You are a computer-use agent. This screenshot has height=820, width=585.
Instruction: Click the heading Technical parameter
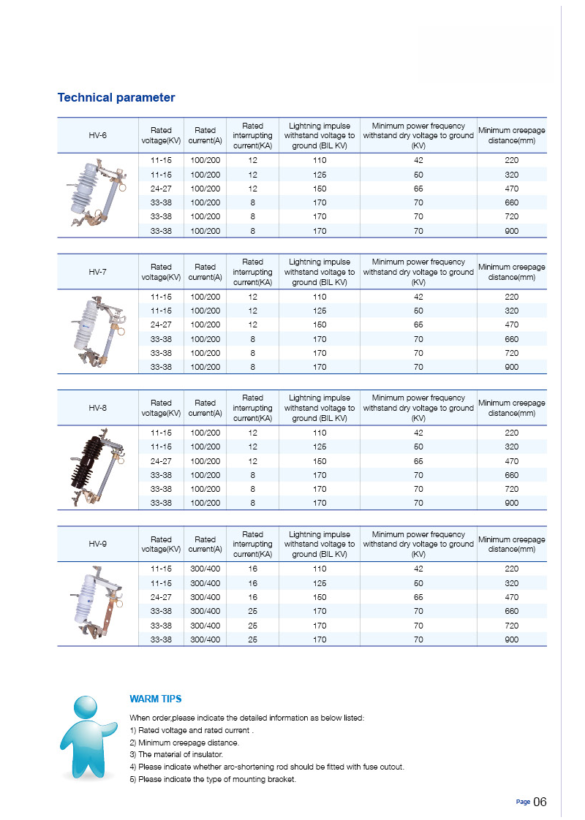coord(116,98)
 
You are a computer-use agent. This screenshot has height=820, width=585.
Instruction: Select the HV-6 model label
coord(98,135)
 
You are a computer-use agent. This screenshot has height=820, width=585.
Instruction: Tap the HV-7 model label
coord(98,271)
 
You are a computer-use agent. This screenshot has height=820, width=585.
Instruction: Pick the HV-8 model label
coord(98,407)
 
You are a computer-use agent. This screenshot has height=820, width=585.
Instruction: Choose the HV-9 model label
coord(98,544)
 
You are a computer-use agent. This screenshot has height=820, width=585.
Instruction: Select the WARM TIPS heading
coord(156,699)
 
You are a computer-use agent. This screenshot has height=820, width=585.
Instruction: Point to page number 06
coord(540,802)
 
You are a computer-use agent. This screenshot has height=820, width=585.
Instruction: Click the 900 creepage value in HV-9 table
coord(511,639)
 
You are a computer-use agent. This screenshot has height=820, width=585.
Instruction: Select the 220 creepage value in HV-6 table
coord(511,160)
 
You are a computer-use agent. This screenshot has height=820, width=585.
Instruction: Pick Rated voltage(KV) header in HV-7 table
coord(161,272)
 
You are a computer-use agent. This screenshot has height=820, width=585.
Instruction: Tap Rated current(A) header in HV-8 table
coord(205,408)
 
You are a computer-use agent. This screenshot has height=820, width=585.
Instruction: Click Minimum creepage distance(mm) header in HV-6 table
coord(511,135)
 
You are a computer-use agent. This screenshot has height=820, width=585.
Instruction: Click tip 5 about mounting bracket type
coord(213,779)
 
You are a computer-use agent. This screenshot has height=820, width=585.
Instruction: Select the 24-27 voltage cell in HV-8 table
coord(161,461)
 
